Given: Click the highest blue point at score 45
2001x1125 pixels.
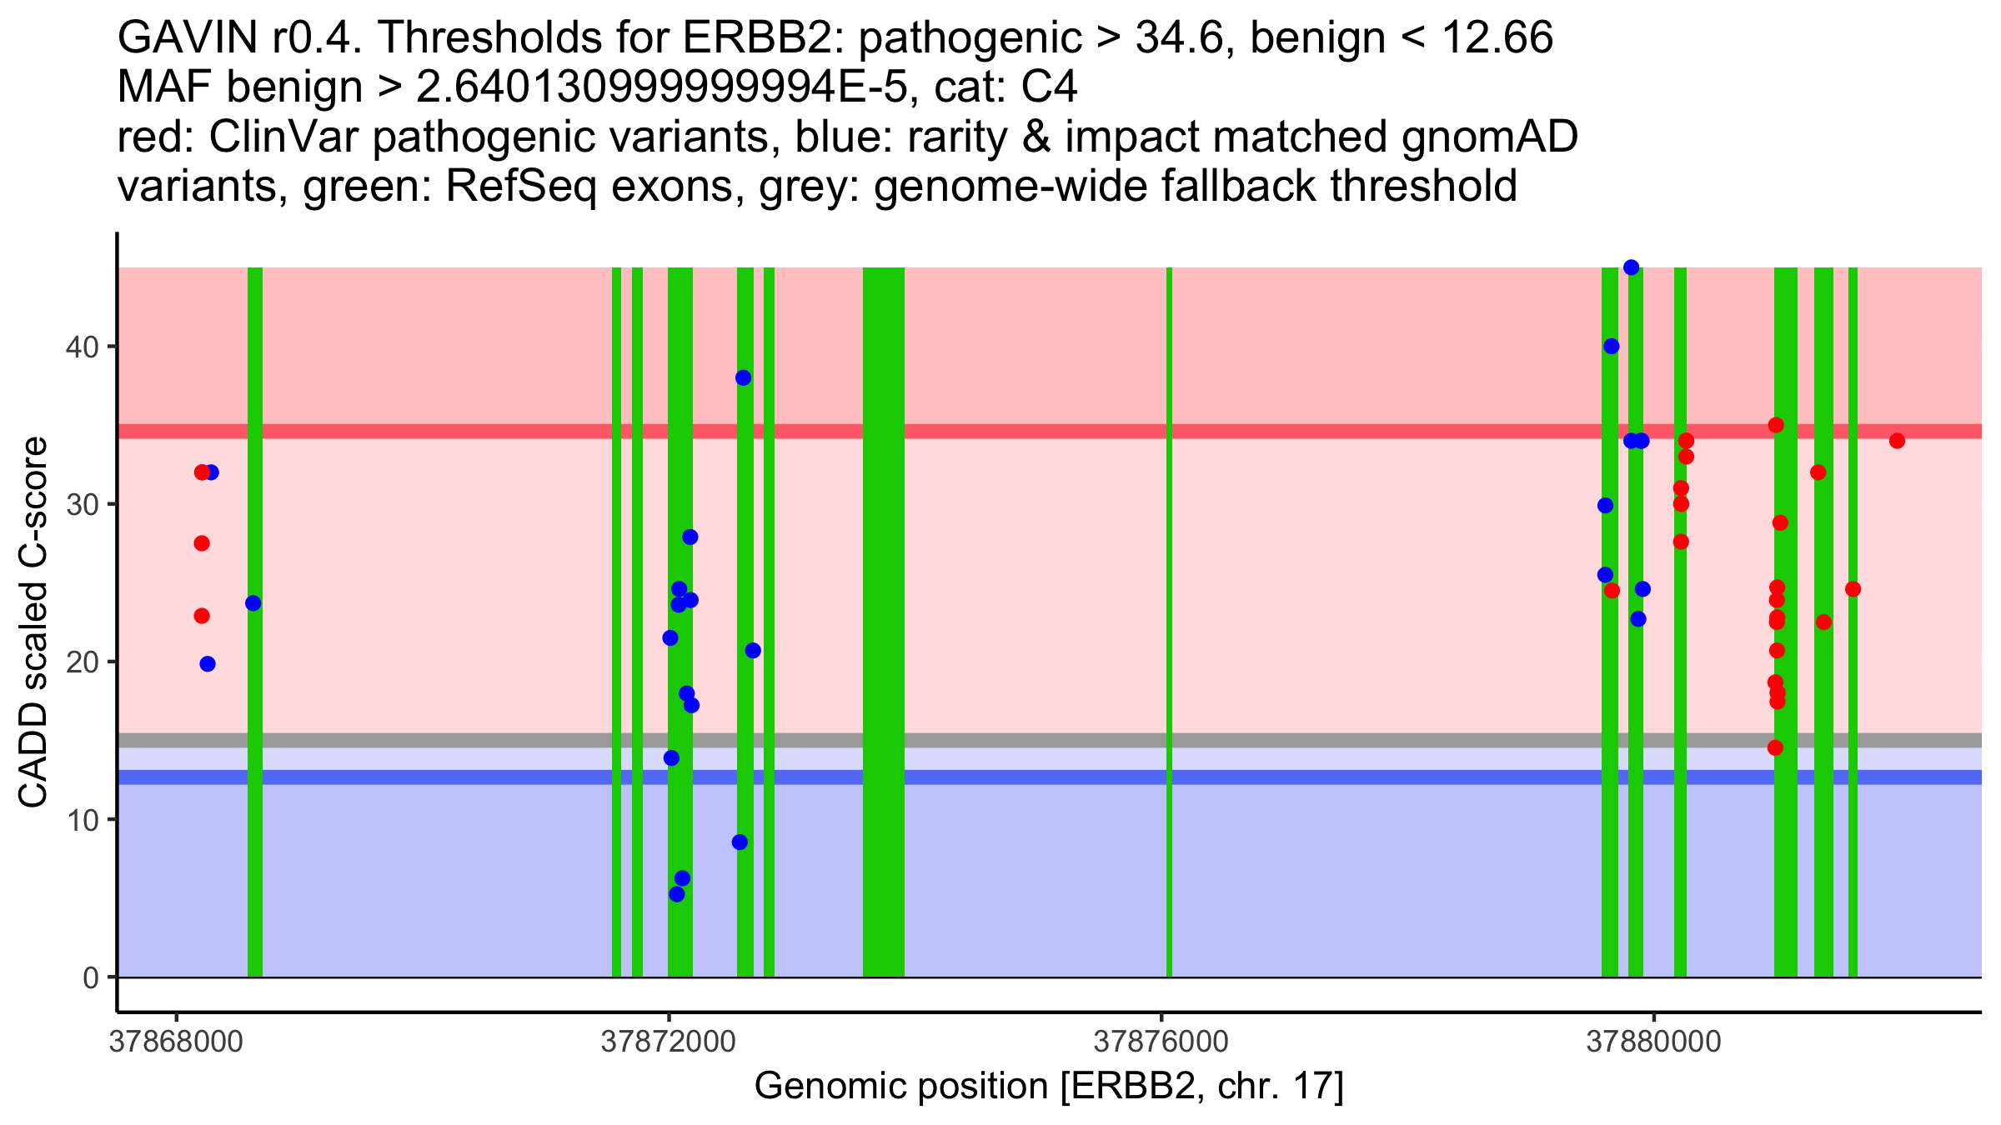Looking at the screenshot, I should click(x=1632, y=267).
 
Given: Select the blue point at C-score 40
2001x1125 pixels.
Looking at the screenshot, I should click(x=1612, y=347).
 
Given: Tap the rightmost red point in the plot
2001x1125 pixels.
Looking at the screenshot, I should click(x=1898, y=441).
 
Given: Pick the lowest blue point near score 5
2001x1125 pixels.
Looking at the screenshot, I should click(x=677, y=894).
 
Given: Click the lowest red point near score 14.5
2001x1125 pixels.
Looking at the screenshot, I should click(x=1776, y=747).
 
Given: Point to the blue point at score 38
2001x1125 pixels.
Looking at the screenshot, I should click(x=744, y=378).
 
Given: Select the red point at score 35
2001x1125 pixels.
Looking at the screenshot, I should click(x=1776, y=425).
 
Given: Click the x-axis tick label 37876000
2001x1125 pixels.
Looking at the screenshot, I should click(x=1161, y=1042).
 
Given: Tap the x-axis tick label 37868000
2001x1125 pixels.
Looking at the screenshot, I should click(x=176, y=1042).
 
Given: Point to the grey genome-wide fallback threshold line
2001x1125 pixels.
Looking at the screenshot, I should click(x=1000, y=740).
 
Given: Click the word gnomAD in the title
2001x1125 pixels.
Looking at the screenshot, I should click(x=1489, y=137).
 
